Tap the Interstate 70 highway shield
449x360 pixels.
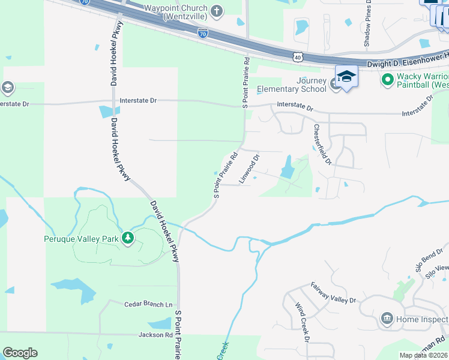tap(203, 34)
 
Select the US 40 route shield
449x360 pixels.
tap(298, 58)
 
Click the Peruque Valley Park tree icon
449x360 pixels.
tap(127, 239)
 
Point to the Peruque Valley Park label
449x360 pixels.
tap(82, 239)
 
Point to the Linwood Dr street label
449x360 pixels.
tap(249, 169)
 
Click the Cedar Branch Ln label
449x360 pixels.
tap(148, 305)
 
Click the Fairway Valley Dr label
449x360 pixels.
tap(333, 292)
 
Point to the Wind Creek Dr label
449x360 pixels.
tap(301, 322)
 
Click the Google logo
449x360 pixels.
tap(20, 353)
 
